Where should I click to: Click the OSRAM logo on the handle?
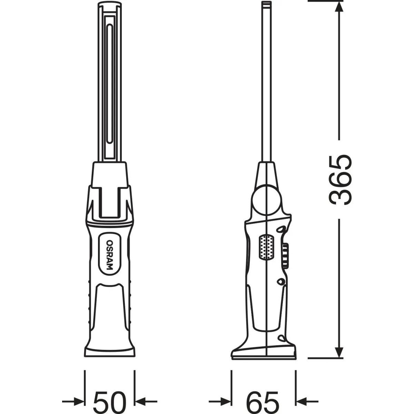coord(110,255)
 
